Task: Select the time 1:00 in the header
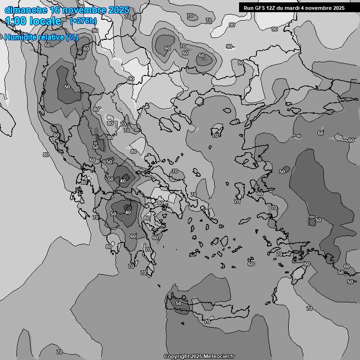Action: click(15, 21)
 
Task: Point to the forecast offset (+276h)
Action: click(83, 21)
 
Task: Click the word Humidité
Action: click(23, 37)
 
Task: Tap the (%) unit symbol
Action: click(72, 37)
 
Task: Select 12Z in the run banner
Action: click(273, 8)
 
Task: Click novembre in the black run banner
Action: click(322, 8)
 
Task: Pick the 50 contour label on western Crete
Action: click(178, 303)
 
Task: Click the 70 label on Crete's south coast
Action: click(207, 322)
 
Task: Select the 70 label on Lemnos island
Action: click(215, 135)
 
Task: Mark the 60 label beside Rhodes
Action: click(307, 264)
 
